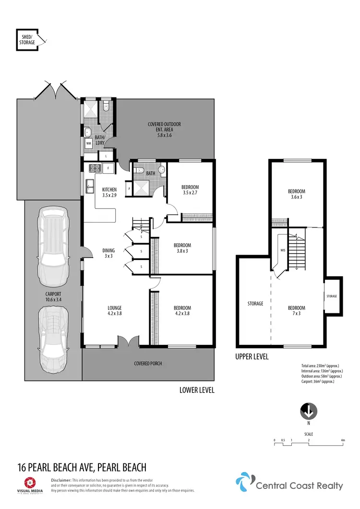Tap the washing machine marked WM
pos(89,143)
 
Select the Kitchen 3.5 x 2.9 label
pos(109,192)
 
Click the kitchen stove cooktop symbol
pos(94,168)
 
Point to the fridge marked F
pos(109,168)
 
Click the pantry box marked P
pos(129,189)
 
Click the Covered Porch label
pos(148,364)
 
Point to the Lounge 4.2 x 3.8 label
pos(114,311)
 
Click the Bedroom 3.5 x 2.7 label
pos(190,190)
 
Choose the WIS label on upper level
pos(283,250)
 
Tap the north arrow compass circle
pos(309,411)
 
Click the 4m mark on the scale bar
pos(342,440)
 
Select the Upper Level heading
pos(252,357)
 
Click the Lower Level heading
pos(197,390)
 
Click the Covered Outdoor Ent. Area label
pos(164,130)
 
